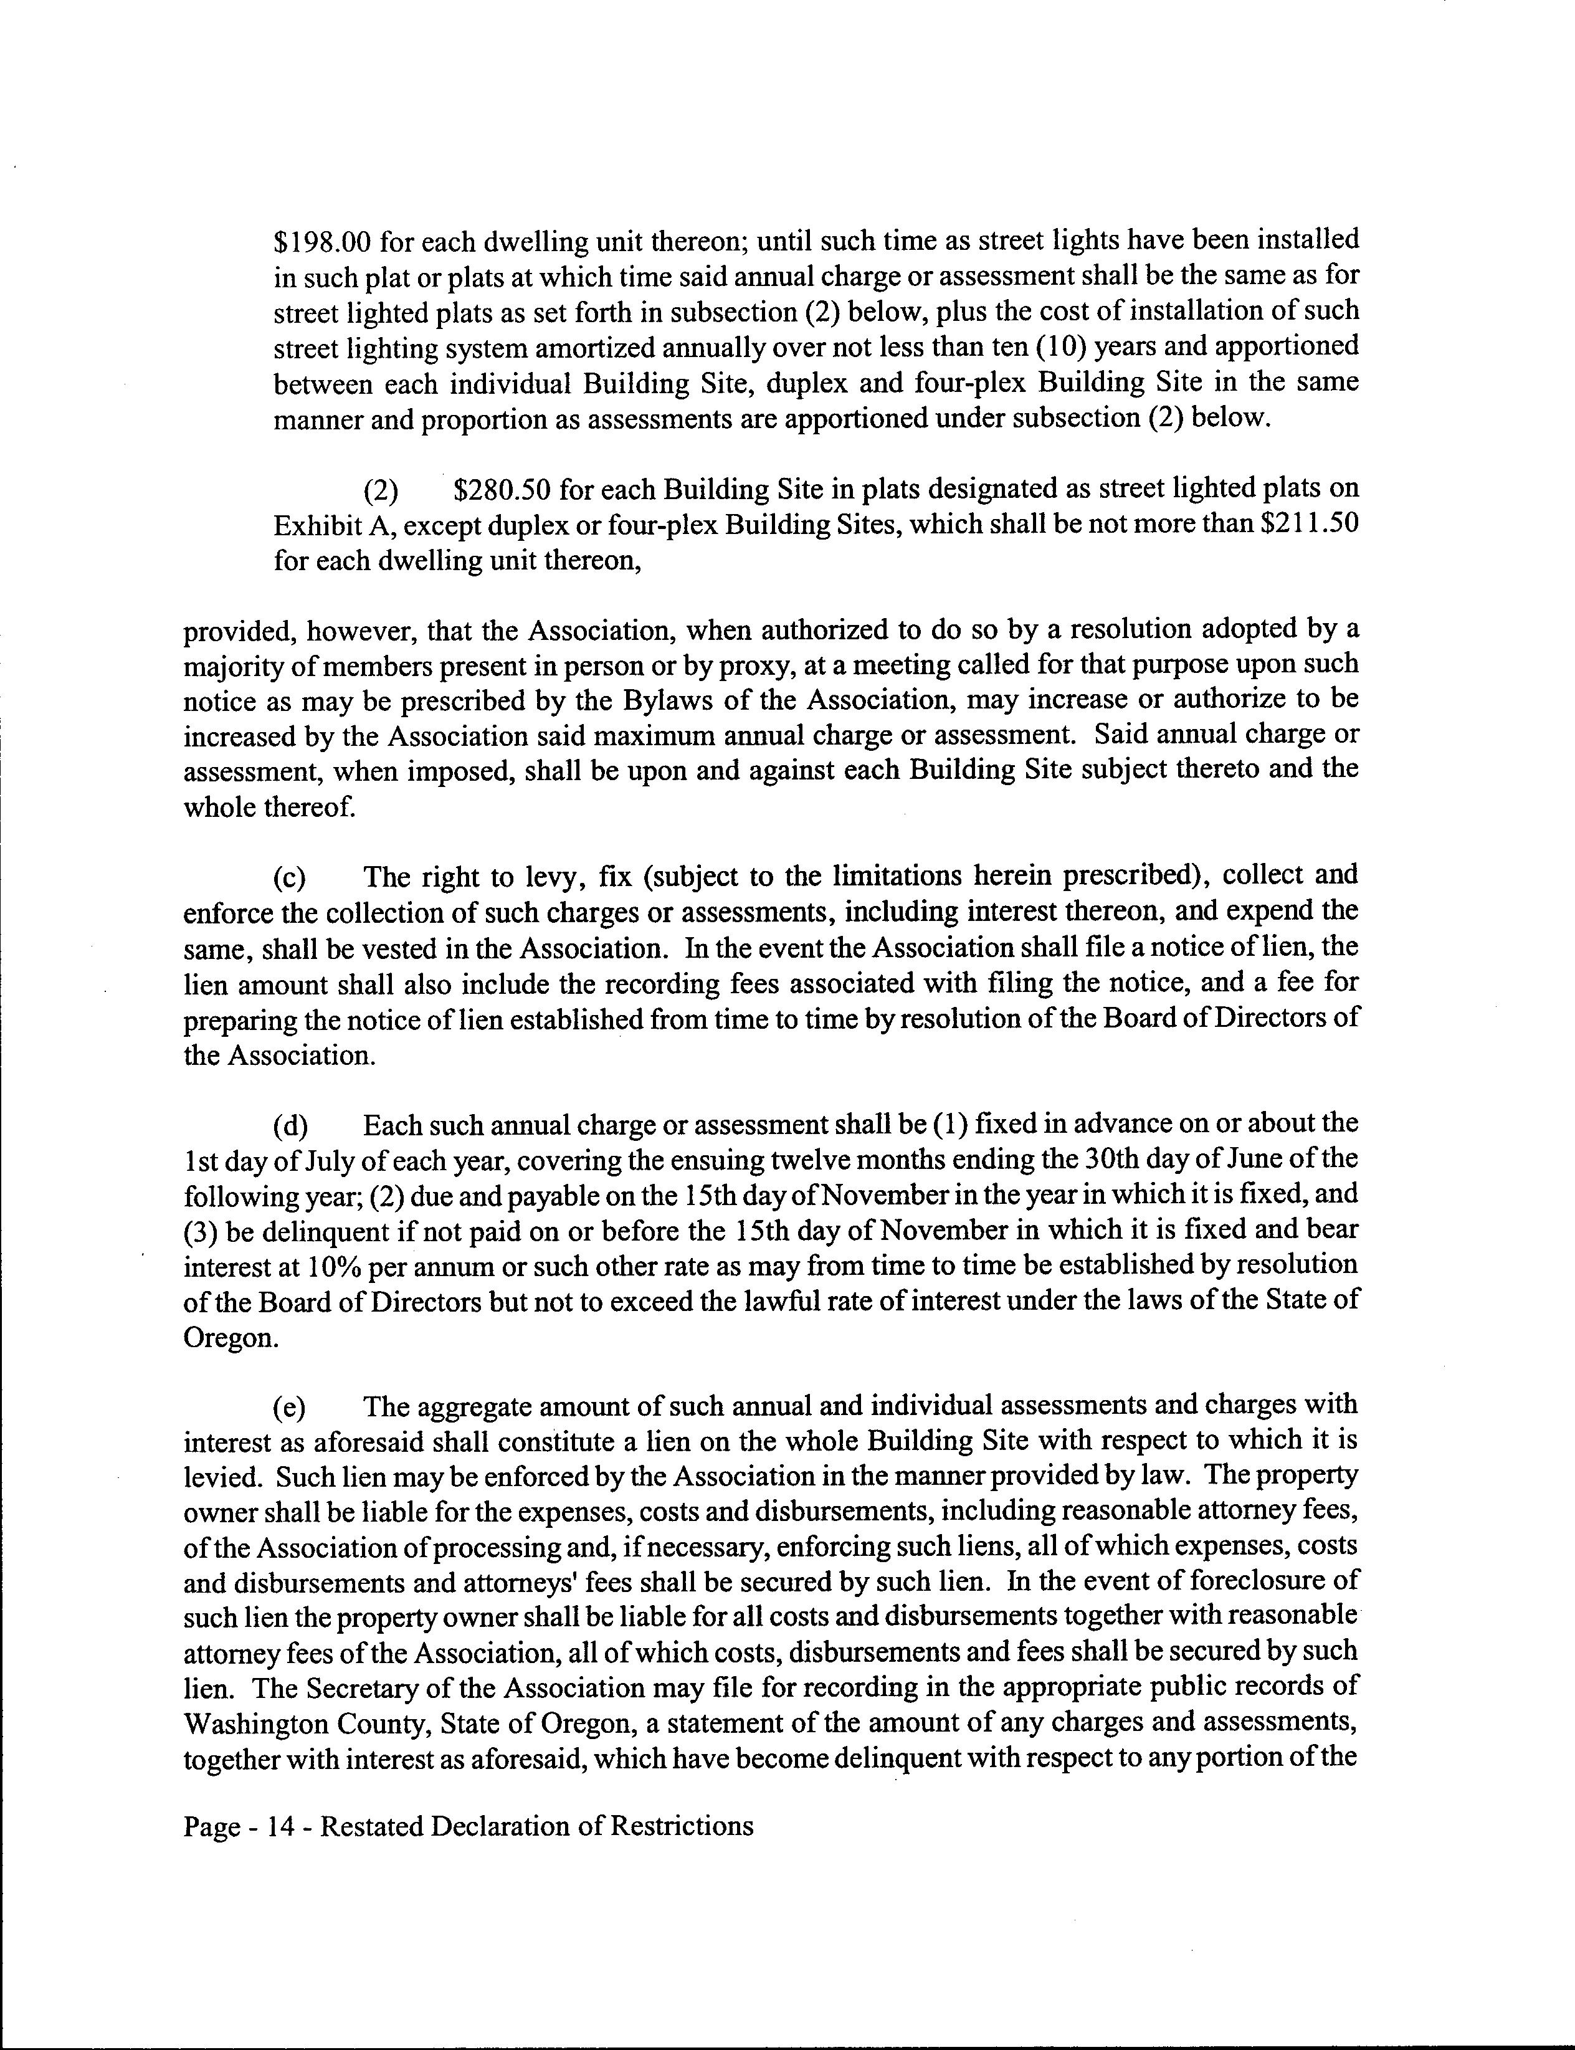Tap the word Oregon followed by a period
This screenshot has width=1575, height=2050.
[232, 1338]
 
